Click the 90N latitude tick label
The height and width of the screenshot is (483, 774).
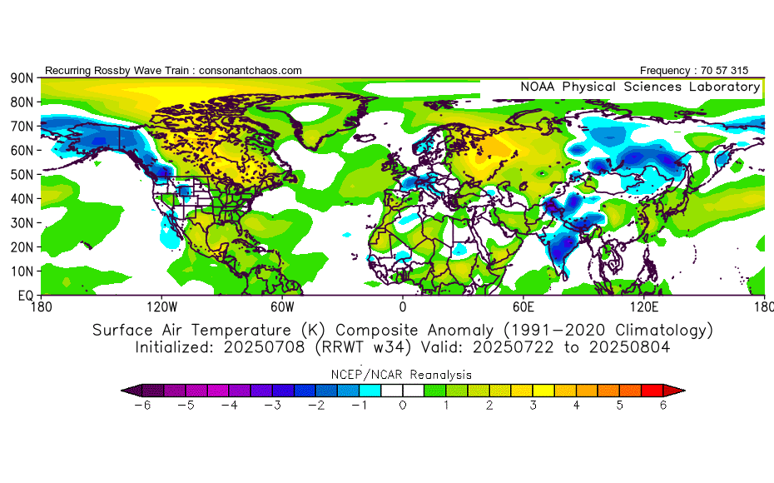pyautogui.click(x=22, y=78)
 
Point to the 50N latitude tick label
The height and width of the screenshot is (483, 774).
pyautogui.click(x=22, y=174)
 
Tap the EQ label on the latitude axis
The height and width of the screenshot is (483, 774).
pyautogui.click(x=24, y=296)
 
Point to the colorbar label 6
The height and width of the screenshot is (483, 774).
pyautogui.click(x=663, y=405)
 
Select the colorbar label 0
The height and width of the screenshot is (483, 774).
pyautogui.click(x=403, y=405)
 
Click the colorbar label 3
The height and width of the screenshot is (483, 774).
pyautogui.click(x=533, y=405)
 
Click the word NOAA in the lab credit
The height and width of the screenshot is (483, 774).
pyautogui.click(x=538, y=87)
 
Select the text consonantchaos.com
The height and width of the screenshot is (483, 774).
pyautogui.click(x=251, y=71)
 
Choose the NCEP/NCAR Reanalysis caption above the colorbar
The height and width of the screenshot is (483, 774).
pyautogui.click(x=403, y=375)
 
